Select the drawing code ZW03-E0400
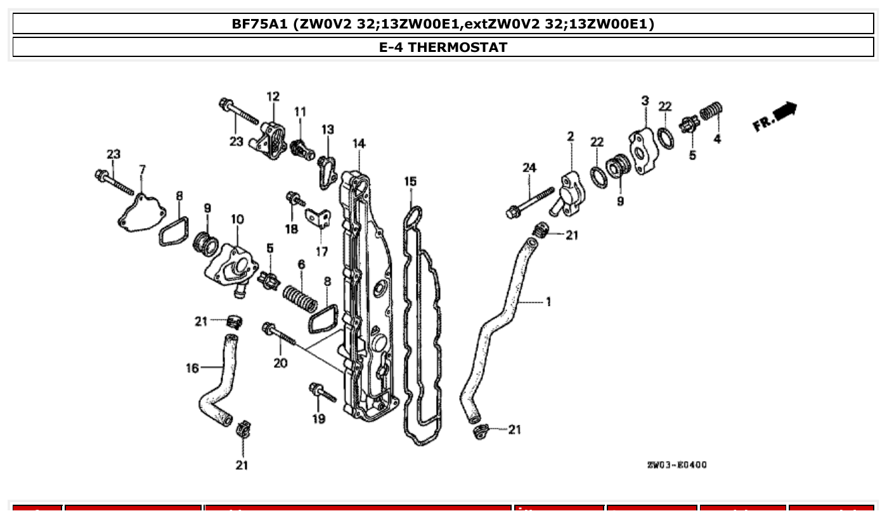point(677,465)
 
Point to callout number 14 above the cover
point(359,144)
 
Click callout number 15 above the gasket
point(410,182)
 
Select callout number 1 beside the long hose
point(548,302)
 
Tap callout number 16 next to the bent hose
point(192,368)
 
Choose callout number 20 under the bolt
point(280,363)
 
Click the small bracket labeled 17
point(318,218)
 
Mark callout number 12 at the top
point(273,97)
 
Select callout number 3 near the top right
point(645,101)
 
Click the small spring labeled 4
point(711,113)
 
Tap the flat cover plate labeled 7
point(141,211)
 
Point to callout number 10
point(237,219)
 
